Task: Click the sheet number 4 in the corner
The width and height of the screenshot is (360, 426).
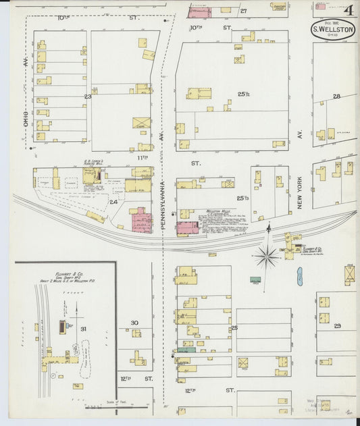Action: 347,10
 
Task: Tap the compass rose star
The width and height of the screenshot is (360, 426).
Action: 267,256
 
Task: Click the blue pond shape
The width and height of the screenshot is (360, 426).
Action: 299,275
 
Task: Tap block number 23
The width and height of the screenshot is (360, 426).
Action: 87,97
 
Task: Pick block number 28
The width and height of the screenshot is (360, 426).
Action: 336,97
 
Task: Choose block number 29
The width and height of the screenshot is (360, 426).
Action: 337,325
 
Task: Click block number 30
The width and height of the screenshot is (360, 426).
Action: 134,323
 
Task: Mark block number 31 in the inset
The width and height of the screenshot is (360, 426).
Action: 84,329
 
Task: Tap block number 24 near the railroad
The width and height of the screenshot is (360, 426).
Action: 113,201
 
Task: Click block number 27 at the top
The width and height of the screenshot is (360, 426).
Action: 243,11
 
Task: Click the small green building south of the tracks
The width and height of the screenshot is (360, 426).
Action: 255,279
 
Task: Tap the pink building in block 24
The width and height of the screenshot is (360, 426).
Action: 141,221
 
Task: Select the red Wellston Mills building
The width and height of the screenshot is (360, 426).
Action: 188,228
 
